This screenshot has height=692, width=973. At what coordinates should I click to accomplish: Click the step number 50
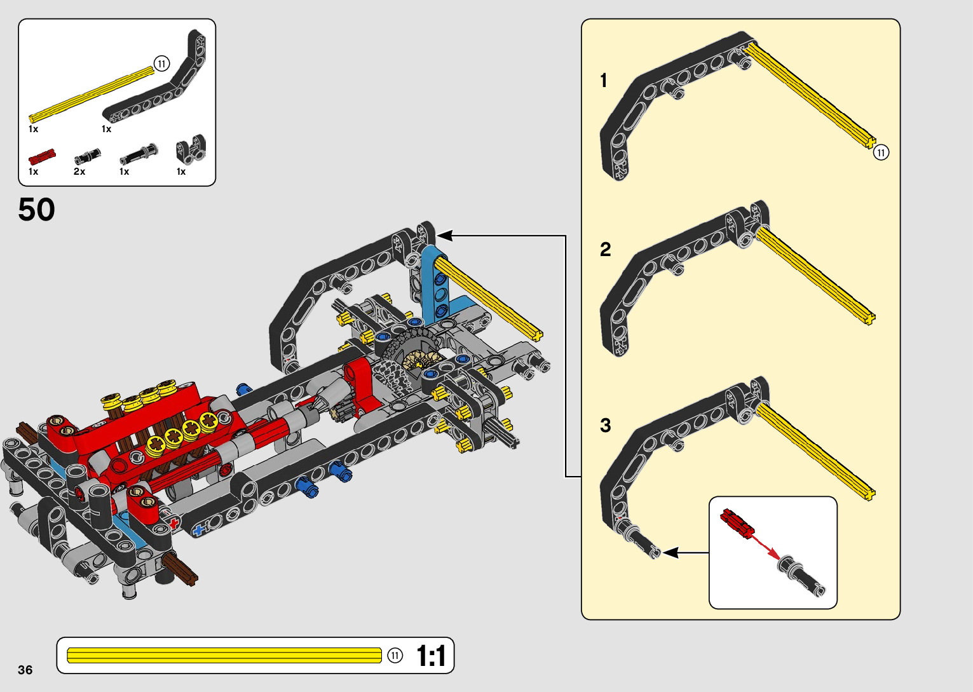(x=36, y=210)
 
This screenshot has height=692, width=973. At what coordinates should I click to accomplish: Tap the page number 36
(x=25, y=670)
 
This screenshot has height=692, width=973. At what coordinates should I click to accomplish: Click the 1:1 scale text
(x=431, y=656)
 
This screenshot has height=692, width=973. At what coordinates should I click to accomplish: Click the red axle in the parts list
(x=42, y=156)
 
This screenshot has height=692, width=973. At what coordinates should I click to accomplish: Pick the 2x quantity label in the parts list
(x=79, y=172)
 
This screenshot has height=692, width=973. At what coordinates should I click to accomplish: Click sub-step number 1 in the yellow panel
(x=604, y=81)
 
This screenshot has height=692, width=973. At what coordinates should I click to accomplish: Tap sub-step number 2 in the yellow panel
(x=605, y=249)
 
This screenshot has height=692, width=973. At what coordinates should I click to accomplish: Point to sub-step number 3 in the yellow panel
(x=605, y=425)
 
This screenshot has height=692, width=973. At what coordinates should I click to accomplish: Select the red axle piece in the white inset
(x=737, y=522)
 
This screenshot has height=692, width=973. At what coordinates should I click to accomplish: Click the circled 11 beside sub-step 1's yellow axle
(x=881, y=153)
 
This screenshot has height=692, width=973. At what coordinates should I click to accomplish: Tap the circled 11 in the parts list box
(x=162, y=64)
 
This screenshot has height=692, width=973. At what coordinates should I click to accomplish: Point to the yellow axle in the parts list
(x=92, y=95)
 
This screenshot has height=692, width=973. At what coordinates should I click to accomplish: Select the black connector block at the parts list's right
(x=191, y=149)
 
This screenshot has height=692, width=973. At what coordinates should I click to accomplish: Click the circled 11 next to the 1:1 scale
(x=395, y=656)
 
